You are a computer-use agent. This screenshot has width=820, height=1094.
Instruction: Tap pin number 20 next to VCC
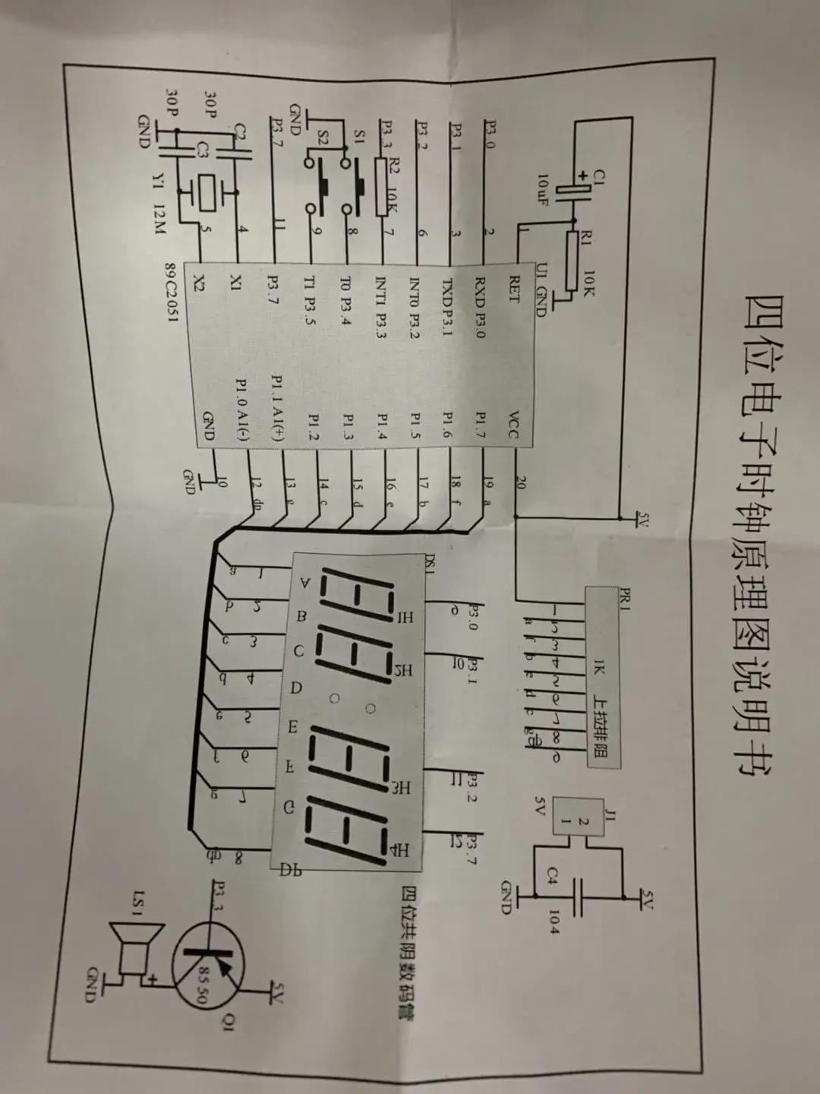click(519, 482)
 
